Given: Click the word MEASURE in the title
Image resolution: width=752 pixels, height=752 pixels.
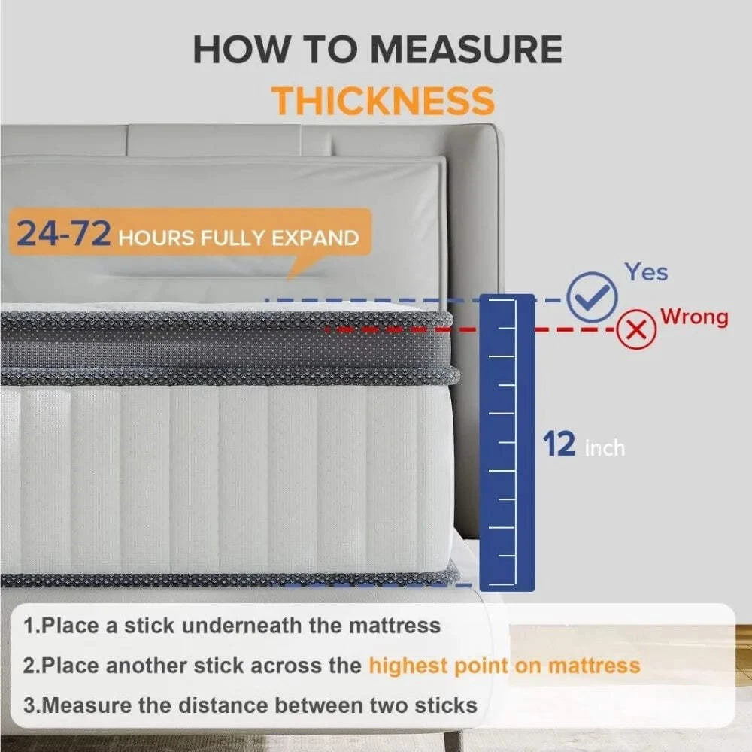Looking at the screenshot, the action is point(467,49).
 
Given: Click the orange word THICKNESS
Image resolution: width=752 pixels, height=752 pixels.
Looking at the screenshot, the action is point(383,101).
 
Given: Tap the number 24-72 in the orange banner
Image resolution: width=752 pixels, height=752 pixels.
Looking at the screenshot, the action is point(63,234).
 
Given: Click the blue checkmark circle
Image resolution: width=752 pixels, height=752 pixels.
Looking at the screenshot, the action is point(591,296).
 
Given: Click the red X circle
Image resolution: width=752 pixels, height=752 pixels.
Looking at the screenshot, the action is point(636,329).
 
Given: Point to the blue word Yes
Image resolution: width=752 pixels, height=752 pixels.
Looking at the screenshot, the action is point(646,272).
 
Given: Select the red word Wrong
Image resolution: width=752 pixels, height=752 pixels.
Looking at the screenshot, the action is point(694,317).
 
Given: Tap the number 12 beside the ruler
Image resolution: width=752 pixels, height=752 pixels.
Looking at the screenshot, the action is point(559,444).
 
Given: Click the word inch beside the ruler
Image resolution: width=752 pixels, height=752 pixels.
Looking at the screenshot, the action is point(605,448).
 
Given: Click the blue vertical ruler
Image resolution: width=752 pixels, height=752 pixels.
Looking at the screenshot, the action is point(507,442).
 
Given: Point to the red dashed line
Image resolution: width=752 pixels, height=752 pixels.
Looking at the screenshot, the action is point(470,330).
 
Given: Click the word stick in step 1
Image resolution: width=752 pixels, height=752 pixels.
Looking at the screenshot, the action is point(149,626).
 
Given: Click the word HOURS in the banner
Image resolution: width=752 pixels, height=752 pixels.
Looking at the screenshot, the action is point(156,238).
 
